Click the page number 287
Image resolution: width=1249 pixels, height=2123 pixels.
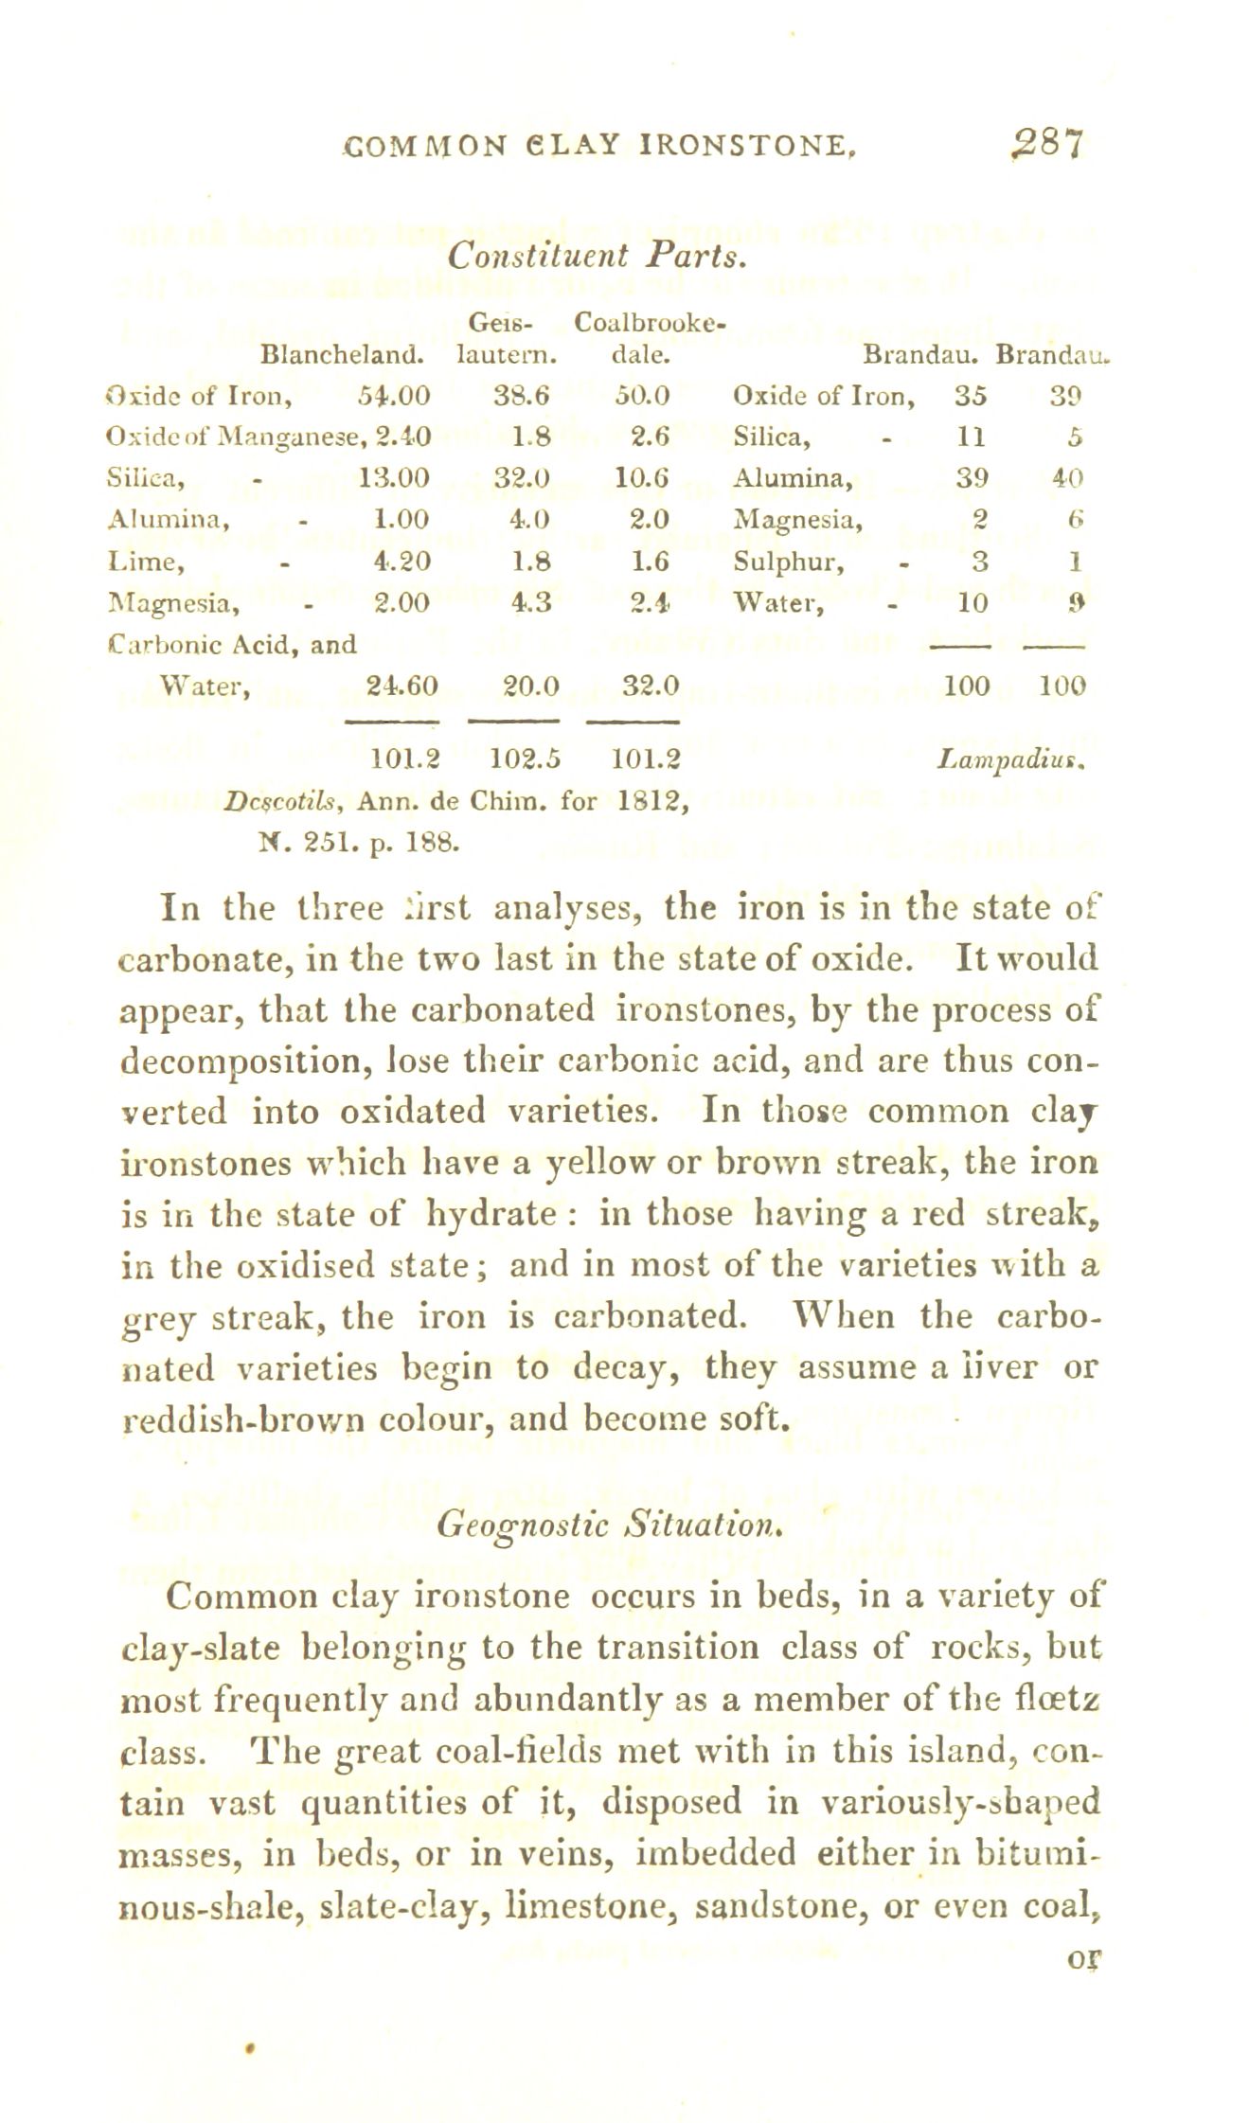point(1039,147)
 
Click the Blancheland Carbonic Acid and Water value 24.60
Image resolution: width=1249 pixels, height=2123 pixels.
point(401,685)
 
